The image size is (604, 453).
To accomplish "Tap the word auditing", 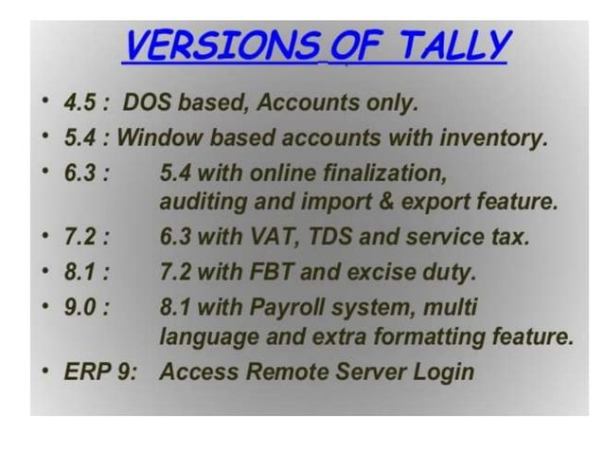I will [200, 203].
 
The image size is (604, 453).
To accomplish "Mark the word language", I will [203, 335].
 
